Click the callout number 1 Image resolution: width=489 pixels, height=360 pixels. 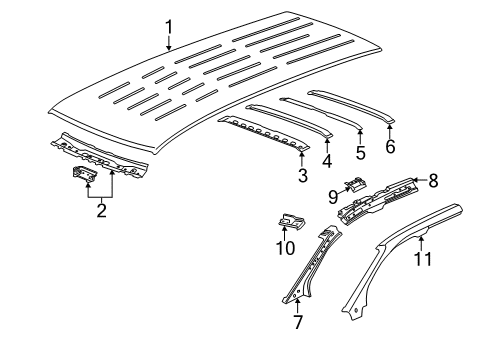point(169,26)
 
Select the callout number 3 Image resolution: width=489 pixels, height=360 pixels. point(303,176)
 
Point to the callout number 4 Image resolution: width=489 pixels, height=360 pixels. point(328,160)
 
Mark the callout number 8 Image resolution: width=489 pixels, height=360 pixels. point(433,181)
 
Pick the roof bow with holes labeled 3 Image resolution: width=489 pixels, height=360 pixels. point(260,130)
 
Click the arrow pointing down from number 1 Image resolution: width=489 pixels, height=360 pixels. point(169,42)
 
